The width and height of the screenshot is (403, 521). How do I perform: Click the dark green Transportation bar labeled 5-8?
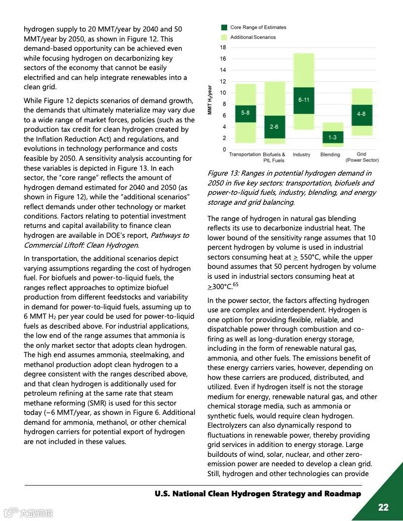(x=245, y=113)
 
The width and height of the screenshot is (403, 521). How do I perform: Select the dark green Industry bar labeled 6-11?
(x=304, y=100)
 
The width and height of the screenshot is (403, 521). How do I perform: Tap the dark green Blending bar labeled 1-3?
(x=332, y=137)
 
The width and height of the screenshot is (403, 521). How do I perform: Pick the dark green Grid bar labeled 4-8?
(x=362, y=114)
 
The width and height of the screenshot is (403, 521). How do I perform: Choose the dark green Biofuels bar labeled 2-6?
(x=274, y=127)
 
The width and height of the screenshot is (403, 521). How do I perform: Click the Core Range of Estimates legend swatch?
(x=224, y=28)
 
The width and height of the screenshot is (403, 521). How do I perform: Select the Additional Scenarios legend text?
(x=253, y=37)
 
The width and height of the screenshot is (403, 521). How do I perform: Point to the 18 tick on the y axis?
(x=223, y=48)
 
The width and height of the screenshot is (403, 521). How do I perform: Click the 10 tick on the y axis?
(x=223, y=93)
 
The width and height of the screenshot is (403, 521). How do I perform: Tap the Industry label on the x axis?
(x=301, y=154)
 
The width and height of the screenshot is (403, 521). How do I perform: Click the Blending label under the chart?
(x=330, y=154)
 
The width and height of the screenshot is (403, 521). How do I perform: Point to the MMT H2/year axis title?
(x=210, y=100)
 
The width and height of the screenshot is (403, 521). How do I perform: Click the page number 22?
(x=383, y=507)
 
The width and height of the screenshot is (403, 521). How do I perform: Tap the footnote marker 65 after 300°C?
(x=236, y=284)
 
